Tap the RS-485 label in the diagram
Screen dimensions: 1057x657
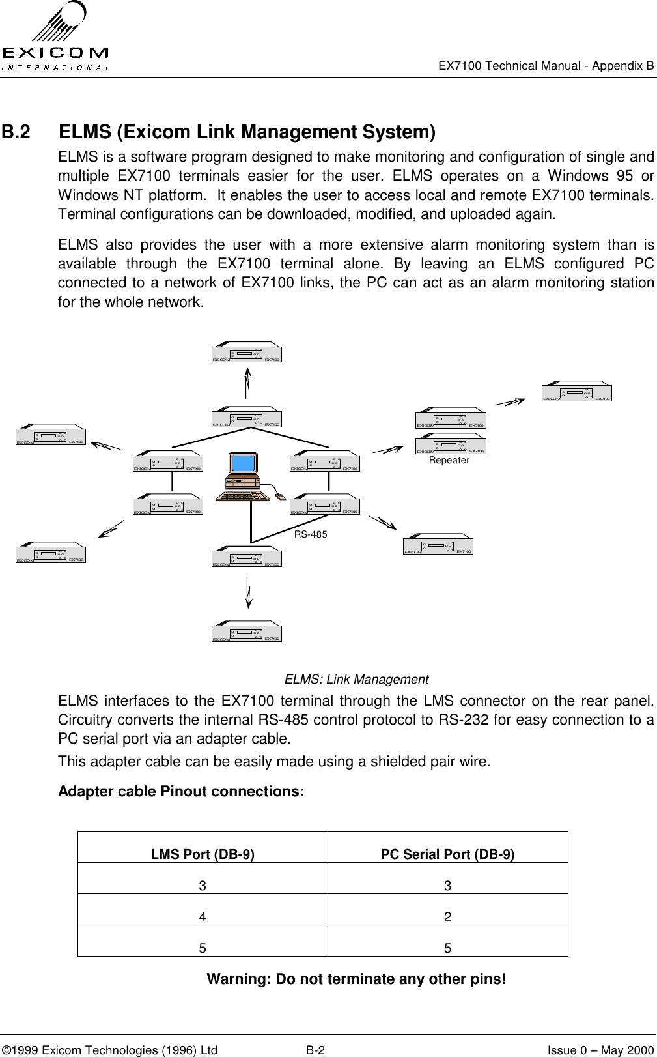pos(311,534)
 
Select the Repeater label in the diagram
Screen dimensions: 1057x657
pos(449,460)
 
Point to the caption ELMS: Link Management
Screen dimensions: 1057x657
pos(356,680)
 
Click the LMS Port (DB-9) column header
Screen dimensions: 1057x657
pos(203,854)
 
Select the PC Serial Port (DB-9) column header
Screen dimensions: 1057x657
pos(447,854)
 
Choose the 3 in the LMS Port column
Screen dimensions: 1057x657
pos(203,886)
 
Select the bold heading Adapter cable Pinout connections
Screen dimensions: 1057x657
pos(181,792)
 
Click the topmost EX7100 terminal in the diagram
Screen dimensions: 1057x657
pos(246,352)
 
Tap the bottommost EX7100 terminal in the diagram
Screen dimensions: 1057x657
pos(246,631)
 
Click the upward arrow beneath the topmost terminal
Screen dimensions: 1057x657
pos(247,382)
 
